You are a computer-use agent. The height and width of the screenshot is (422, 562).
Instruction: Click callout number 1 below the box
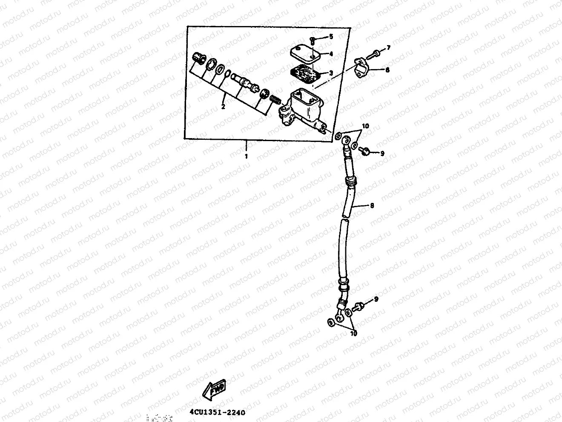(x=246, y=156)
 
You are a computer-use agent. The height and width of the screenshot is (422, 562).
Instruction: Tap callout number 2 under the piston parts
(x=223, y=107)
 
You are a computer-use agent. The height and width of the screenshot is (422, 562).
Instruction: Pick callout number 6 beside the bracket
(x=387, y=70)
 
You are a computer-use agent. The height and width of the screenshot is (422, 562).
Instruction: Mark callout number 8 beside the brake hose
(x=372, y=205)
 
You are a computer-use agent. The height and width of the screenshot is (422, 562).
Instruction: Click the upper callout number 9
(x=382, y=153)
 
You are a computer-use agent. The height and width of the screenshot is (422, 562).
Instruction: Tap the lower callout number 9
(x=376, y=300)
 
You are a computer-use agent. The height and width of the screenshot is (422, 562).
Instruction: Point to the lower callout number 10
(x=354, y=334)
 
